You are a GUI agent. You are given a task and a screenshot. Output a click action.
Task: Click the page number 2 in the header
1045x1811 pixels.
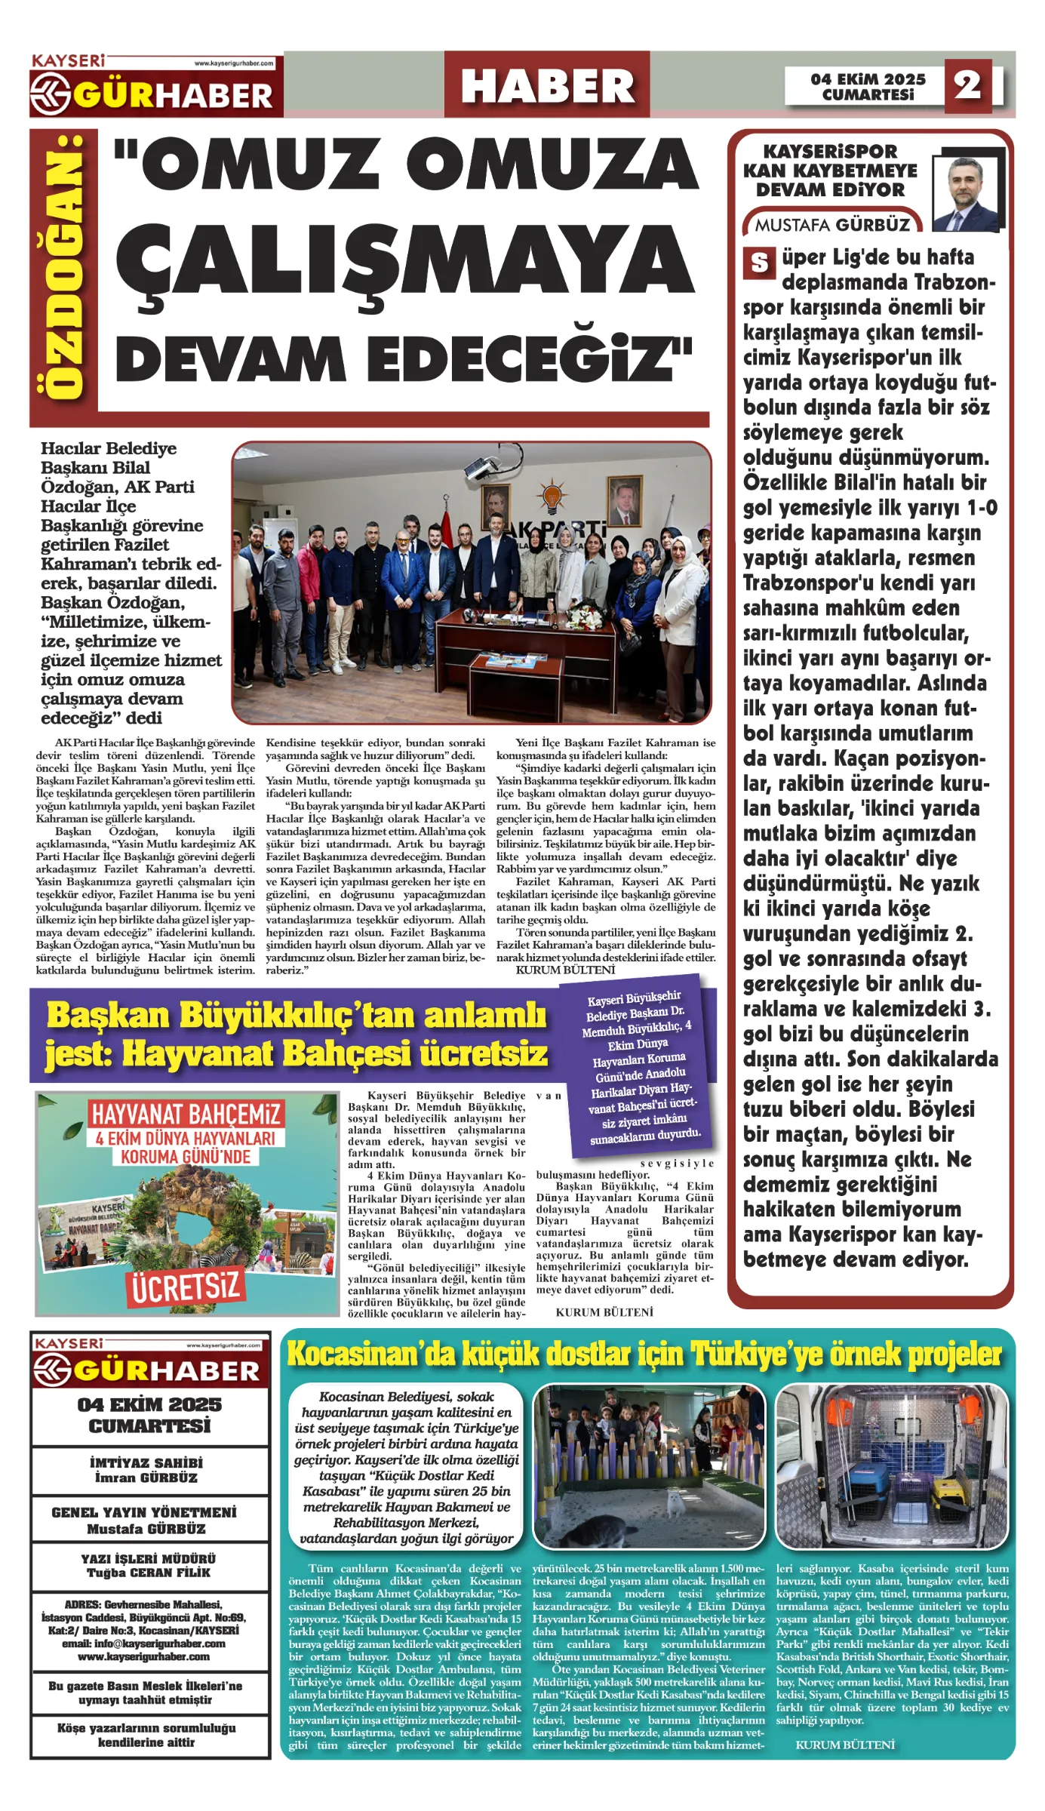coord(967,85)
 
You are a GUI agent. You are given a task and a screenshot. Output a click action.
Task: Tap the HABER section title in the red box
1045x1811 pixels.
coord(547,85)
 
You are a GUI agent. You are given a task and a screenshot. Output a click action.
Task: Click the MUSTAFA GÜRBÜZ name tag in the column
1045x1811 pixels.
coord(832,225)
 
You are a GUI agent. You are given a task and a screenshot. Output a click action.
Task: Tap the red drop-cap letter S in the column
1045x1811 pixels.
coord(759,263)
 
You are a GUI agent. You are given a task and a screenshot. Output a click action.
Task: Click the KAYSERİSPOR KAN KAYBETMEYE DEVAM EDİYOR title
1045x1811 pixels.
coord(830,171)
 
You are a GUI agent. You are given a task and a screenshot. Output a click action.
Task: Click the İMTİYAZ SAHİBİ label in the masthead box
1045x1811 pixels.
coord(146,1462)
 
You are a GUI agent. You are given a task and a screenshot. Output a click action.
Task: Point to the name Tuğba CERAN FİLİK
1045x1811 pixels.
coord(148,1573)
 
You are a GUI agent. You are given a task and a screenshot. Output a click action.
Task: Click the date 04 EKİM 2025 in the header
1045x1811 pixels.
coord(868,79)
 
